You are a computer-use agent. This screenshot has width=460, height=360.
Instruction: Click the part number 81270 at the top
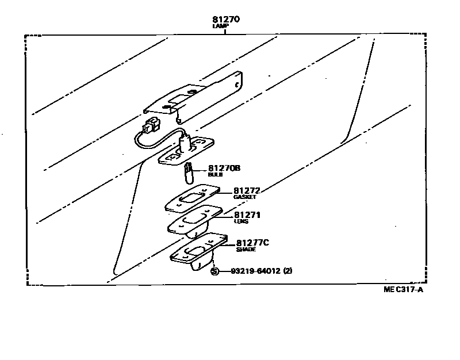[225, 20]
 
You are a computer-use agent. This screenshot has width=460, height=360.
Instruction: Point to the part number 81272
[247, 190]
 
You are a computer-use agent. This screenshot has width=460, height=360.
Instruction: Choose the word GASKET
[244, 197]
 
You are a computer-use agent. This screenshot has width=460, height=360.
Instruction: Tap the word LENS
[241, 221]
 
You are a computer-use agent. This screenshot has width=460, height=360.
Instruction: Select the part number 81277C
[252, 243]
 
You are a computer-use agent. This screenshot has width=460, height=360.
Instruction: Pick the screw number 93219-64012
[255, 271]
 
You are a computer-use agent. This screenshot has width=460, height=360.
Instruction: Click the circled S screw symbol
[215, 271]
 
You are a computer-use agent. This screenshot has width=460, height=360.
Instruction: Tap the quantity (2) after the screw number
[288, 271]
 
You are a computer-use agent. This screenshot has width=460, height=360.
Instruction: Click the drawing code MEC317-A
[403, 289]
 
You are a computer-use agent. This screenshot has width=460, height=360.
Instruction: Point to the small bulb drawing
[187, 170]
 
